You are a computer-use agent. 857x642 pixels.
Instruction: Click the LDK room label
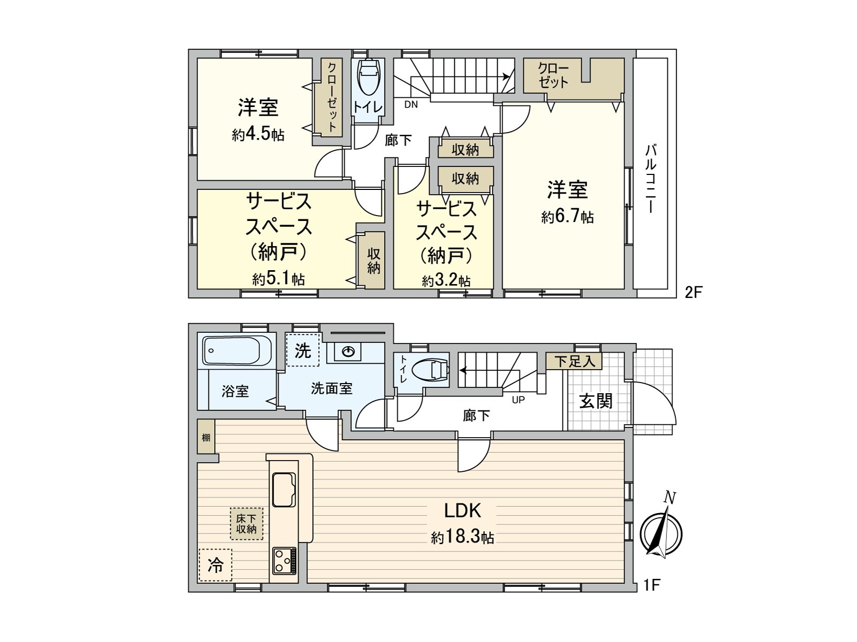[463, 511]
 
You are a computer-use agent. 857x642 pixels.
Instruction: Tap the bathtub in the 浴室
[236, 351]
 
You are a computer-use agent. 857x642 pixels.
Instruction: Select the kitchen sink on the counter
[284, 489]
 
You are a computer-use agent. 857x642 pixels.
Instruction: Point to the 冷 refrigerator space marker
[215, 565]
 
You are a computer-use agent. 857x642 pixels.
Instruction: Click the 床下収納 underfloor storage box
[246, 524]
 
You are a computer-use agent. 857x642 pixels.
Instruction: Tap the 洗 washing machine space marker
[303, 350]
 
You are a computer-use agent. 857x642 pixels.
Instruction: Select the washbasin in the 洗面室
[348, 351]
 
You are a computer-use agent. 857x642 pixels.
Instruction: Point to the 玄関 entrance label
[596, 401]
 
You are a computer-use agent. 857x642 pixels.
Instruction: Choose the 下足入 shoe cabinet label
[574, 361]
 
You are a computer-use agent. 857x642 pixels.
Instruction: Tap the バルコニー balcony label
[650, 178]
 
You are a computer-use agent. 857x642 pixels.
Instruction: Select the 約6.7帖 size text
[567, 217]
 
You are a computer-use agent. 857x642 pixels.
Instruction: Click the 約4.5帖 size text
[258, 134]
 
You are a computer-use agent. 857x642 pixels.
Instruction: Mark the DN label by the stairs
[411, 105]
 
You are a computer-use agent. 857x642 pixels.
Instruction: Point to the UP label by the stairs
[518, 400]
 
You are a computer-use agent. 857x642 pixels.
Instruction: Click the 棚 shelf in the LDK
[206, 437]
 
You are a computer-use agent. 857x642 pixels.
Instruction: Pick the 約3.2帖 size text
[446, 281]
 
